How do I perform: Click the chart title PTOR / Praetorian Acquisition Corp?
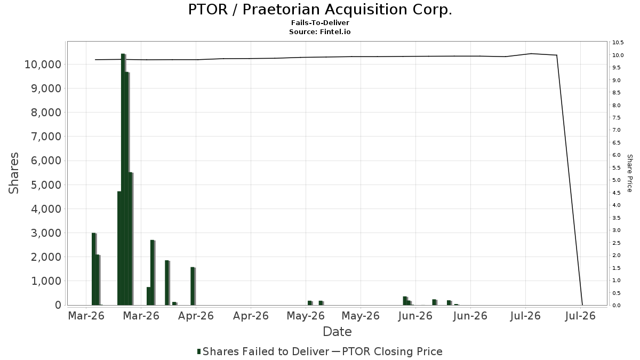click(x=320, y=10)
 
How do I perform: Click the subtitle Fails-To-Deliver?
click(x=320, y=22)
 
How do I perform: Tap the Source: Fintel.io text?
click(x=319, y=31)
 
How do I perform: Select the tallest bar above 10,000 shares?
click(x=123, y=179)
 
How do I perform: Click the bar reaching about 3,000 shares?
click(x=94, y=269)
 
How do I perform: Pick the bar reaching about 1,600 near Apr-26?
click(x=193, y=286)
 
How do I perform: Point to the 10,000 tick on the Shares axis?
click(x=43, y=65)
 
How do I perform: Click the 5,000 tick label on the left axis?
click(x=46, y=185)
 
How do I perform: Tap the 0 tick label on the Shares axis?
click(x=58, y=305)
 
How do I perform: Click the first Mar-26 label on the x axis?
click(x=86, y=316)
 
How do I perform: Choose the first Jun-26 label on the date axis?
click(x=415, y=316)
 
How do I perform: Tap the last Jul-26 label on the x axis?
click(x=580, y=316)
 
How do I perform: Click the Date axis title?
click(x=337, y=332)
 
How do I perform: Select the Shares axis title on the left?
click(x=13, y=173)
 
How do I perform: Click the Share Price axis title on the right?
click(x=630, y=173)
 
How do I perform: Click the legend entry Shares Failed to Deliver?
click(x=263, y=351)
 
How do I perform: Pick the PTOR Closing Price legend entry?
click(x=387, y=351)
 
